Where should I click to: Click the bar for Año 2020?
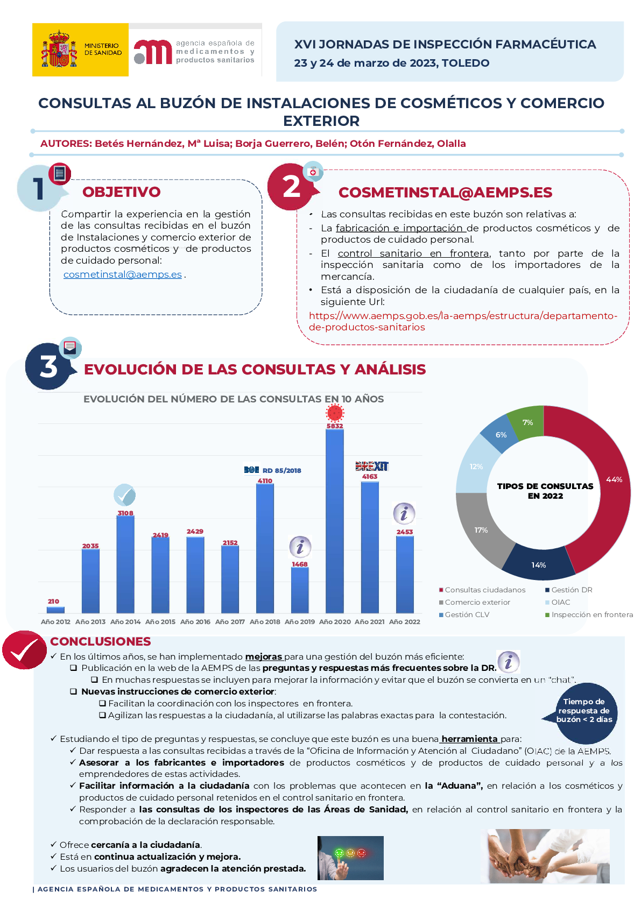coord(334,521)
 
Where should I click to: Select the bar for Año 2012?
coord(55,610)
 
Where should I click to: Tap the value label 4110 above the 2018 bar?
coord(265,481)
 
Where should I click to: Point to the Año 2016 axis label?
coord(195,622)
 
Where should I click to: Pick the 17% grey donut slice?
coord(480,530)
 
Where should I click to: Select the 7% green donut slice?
coord(526,422)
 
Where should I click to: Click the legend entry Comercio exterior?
coord(477,603)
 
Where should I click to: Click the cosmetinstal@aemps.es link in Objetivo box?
coord(122,274)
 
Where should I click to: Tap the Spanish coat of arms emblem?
coord(59,49)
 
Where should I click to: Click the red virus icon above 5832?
coord(335,413)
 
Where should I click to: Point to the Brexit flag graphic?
coord(372,466)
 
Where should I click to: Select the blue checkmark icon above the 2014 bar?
coord(124,495)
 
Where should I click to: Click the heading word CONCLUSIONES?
coord(100,641)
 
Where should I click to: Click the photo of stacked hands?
coord(548,856)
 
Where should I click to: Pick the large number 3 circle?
coord(48,366)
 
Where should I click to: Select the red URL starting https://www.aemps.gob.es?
coord(463,321)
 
